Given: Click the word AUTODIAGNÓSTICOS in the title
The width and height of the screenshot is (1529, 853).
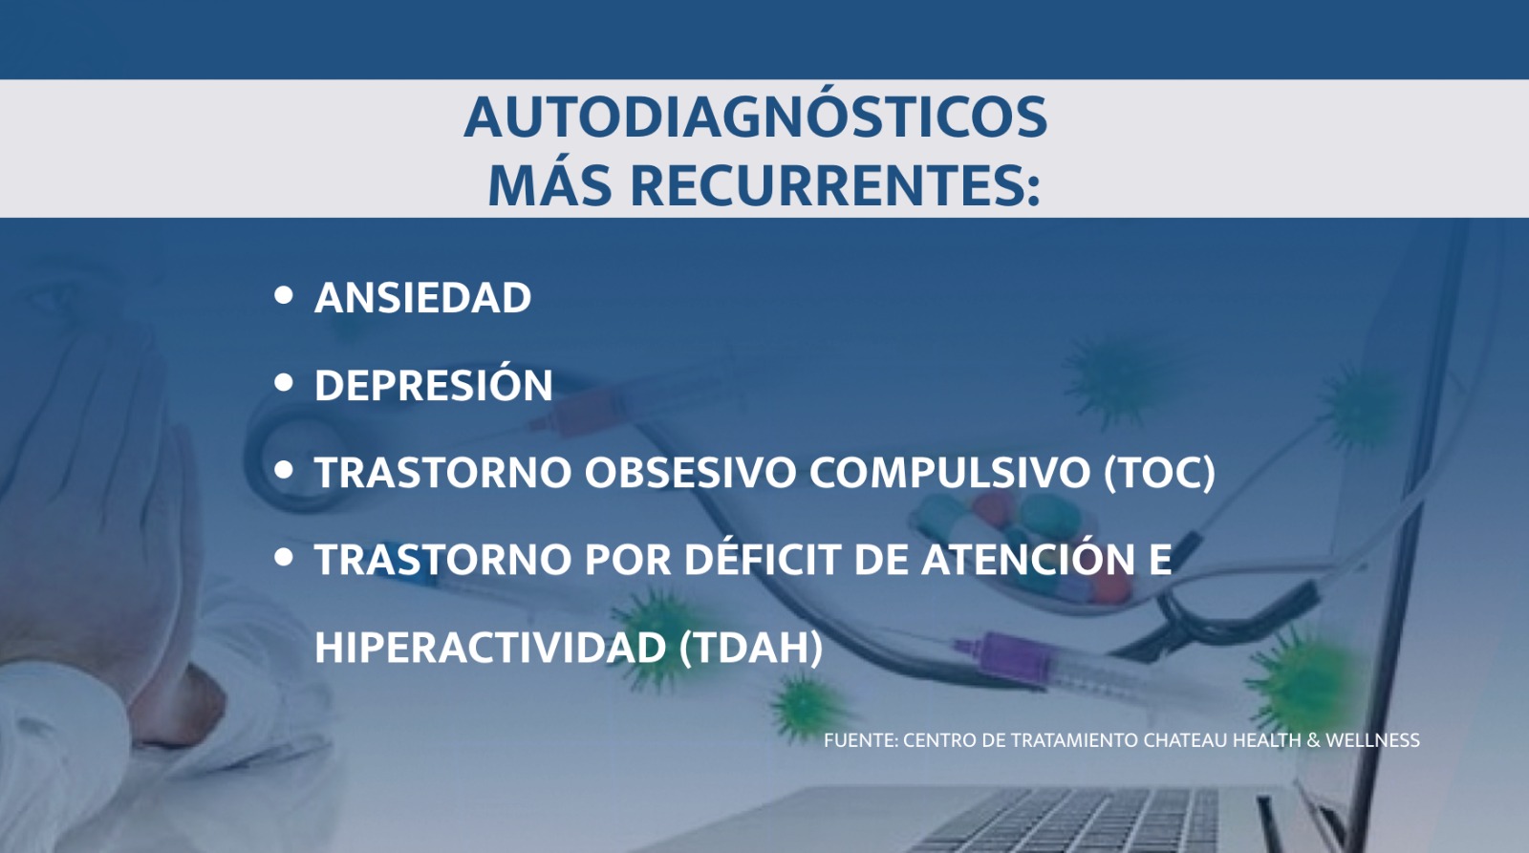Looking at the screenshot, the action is coord(756,117).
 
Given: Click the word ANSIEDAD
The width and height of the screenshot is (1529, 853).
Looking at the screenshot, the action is coord(422,297).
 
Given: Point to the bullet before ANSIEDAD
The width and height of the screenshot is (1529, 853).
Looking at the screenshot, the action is coord(283,295).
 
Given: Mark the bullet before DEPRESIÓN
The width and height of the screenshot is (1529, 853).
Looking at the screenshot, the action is coord(283,383).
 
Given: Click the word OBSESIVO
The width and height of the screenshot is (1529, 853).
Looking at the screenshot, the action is coord(690,472).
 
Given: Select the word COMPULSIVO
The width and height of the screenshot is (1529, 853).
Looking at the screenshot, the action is coord(950,472).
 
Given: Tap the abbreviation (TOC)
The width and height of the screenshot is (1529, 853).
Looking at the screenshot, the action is coord(1160,473).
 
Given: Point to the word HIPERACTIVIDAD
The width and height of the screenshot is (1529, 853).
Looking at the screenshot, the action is coord(490,647).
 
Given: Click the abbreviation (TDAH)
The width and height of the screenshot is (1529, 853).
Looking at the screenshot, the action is coord(751,648).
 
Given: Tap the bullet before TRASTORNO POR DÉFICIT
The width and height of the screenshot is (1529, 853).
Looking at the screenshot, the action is coord(283,558).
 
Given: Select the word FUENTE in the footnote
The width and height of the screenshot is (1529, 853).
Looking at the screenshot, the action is coord(859,740).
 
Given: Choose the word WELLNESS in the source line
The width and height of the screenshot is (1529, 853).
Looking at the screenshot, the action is coord(1372,740).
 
